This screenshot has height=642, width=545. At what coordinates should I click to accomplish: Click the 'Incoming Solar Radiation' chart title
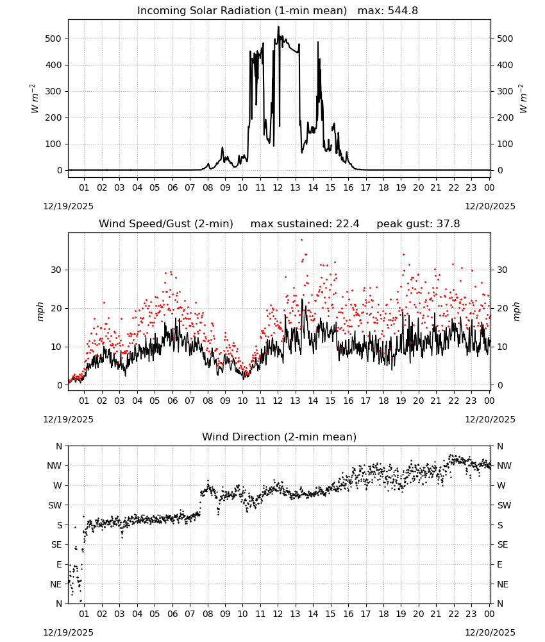(x=204, y=11)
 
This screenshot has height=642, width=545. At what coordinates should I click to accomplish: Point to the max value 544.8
(x=403, y=11)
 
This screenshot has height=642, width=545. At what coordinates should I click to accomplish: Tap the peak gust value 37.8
(x=448, y=224)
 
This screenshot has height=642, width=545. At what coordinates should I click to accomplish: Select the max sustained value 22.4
(x=348, y=224)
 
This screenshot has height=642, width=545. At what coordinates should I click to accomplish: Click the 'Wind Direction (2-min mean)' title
(x=280, y=437)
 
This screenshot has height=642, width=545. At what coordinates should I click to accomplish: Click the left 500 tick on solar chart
(x=53, y=39)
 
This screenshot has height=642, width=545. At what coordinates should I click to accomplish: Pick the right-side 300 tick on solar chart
(x=505, y=91)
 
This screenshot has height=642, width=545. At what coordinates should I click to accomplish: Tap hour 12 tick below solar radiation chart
(x=278, y=188)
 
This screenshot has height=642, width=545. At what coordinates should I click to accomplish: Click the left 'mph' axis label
(x=40, y=311)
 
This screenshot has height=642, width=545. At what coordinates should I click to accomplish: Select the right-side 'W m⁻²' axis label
(x=523, y=98)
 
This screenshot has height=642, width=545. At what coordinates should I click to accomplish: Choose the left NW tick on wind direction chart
(x=55, y=466)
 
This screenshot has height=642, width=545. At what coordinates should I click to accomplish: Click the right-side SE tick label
(x=503, y=545)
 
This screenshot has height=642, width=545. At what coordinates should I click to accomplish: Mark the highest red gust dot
(x=302, y=239)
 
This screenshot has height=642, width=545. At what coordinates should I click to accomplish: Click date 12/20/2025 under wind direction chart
(x=491, y=632)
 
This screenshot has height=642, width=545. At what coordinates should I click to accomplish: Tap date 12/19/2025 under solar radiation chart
(x=68, y=206)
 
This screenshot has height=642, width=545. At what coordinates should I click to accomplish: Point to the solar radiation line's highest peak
(x=278, y=26)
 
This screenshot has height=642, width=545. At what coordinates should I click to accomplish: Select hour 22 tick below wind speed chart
(x=453, y=401)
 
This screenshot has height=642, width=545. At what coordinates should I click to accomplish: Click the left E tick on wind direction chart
(x=59, y=564)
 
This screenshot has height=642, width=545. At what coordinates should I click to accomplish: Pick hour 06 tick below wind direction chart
(x=172, y=614)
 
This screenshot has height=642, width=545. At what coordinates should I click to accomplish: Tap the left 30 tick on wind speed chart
(x=56, y=270)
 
